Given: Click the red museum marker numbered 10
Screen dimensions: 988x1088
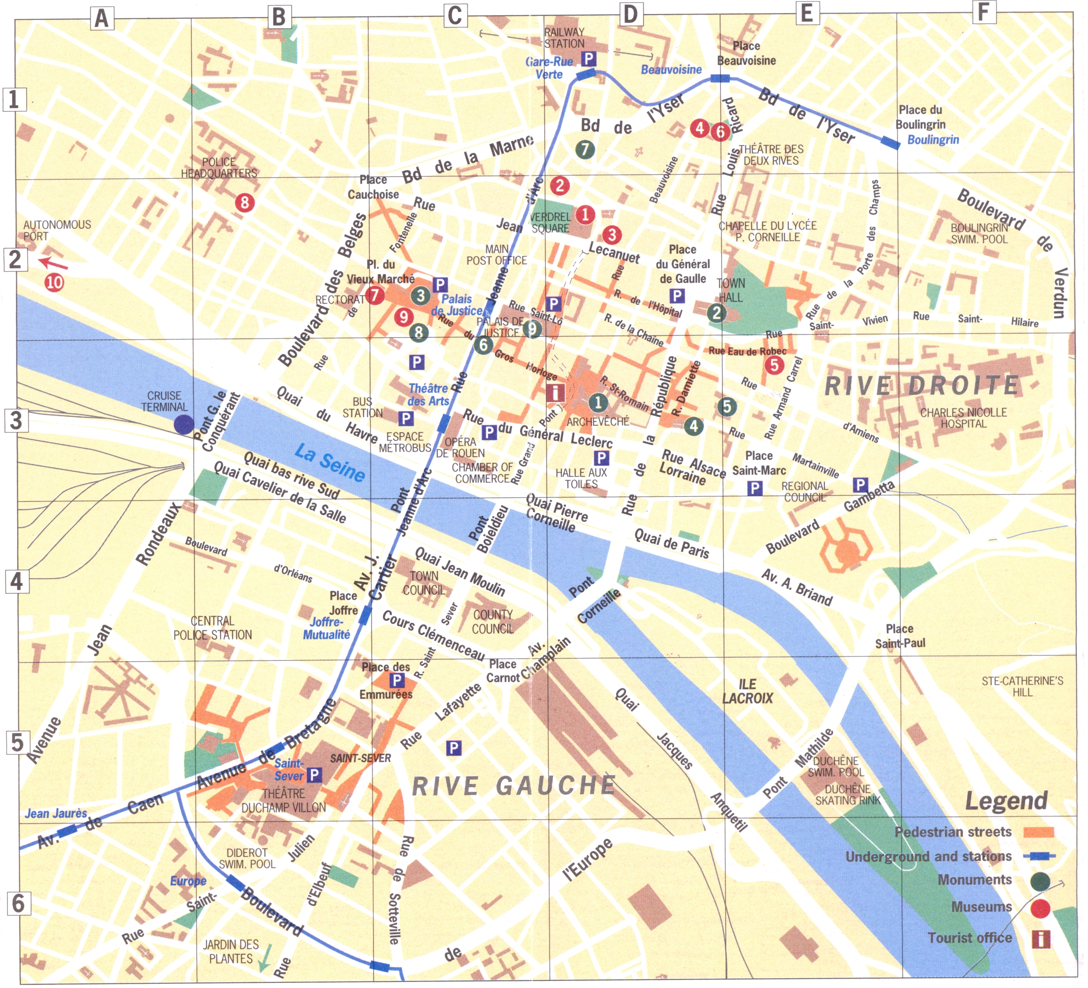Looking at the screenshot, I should (x=54, y=282).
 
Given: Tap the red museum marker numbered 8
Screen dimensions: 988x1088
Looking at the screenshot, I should (x=245, y=203).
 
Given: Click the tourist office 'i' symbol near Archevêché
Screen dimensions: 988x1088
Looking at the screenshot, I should (x=555, y=392).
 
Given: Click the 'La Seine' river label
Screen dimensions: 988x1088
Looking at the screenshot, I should (x=330, y=462).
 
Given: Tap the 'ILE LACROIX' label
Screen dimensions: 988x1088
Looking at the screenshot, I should (x=748, y=691).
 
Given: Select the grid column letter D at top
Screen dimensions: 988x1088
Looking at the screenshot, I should (x=630, y=15).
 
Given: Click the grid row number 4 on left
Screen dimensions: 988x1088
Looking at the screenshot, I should (x=17, y=581).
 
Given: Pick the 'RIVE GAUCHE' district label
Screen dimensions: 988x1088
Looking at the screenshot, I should (x=514, y=785).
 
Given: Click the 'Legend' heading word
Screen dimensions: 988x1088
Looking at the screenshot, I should (x=1006, y=801).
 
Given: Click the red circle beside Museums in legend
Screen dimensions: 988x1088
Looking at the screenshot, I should (x=1040, y=909).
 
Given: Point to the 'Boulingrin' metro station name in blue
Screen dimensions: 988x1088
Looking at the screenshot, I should (x=933, y=140).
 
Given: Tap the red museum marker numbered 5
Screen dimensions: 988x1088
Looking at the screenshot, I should (x=774, y=365).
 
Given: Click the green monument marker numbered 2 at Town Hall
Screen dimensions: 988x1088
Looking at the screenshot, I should (x=717, y=312).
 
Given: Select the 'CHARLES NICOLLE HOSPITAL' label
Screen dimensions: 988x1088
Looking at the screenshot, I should (x=963, y=418).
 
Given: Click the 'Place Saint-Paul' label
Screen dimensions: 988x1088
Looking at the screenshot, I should (x=899, y=636).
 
